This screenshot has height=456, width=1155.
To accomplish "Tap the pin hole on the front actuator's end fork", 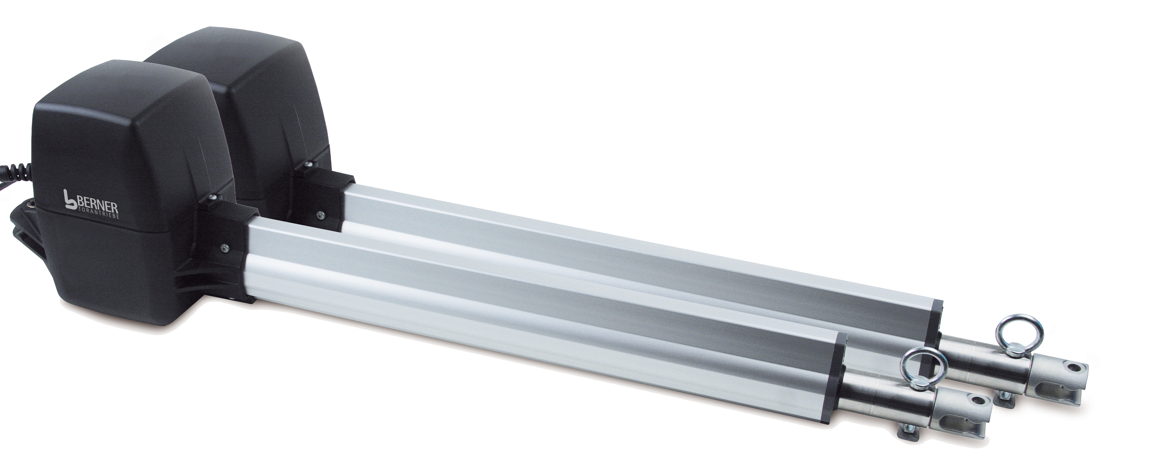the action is (971, 401).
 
